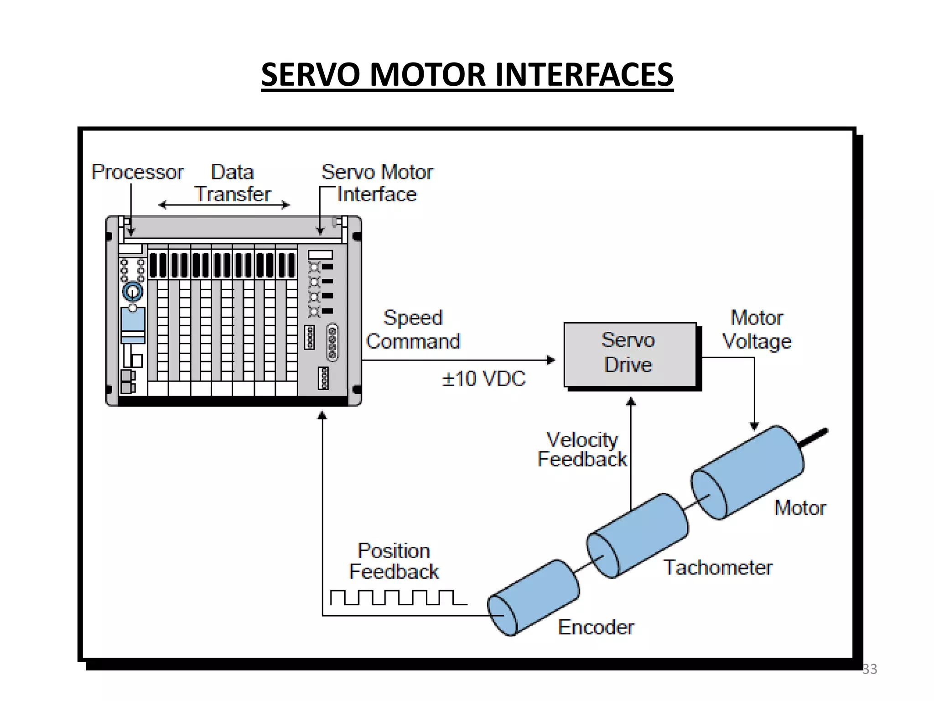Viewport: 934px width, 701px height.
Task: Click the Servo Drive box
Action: [629, 354]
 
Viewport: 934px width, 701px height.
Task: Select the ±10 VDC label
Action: [483, 379]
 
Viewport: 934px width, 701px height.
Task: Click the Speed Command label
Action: [413, 330]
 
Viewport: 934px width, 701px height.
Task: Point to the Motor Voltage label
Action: [757, 330]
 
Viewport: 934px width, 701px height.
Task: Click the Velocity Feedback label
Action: [582, 450]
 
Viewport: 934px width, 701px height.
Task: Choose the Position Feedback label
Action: [394, 561]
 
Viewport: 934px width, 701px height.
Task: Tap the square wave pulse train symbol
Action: [398, 597]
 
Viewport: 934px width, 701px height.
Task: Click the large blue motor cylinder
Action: [748, 472]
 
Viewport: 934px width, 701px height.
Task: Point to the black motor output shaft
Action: [814, 437]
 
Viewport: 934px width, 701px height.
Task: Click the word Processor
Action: [137, 172]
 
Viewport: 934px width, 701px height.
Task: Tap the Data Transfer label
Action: [233, 183]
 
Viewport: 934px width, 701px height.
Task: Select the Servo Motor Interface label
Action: [377, 183]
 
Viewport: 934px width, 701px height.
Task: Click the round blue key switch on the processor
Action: [132, 292]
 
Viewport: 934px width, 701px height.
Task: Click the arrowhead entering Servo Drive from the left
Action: [551, 360]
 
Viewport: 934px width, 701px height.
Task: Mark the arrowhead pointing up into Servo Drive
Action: [631, 402]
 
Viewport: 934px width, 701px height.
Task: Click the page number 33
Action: [869, 669]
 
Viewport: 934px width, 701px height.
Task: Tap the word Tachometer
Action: [717, 568]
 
